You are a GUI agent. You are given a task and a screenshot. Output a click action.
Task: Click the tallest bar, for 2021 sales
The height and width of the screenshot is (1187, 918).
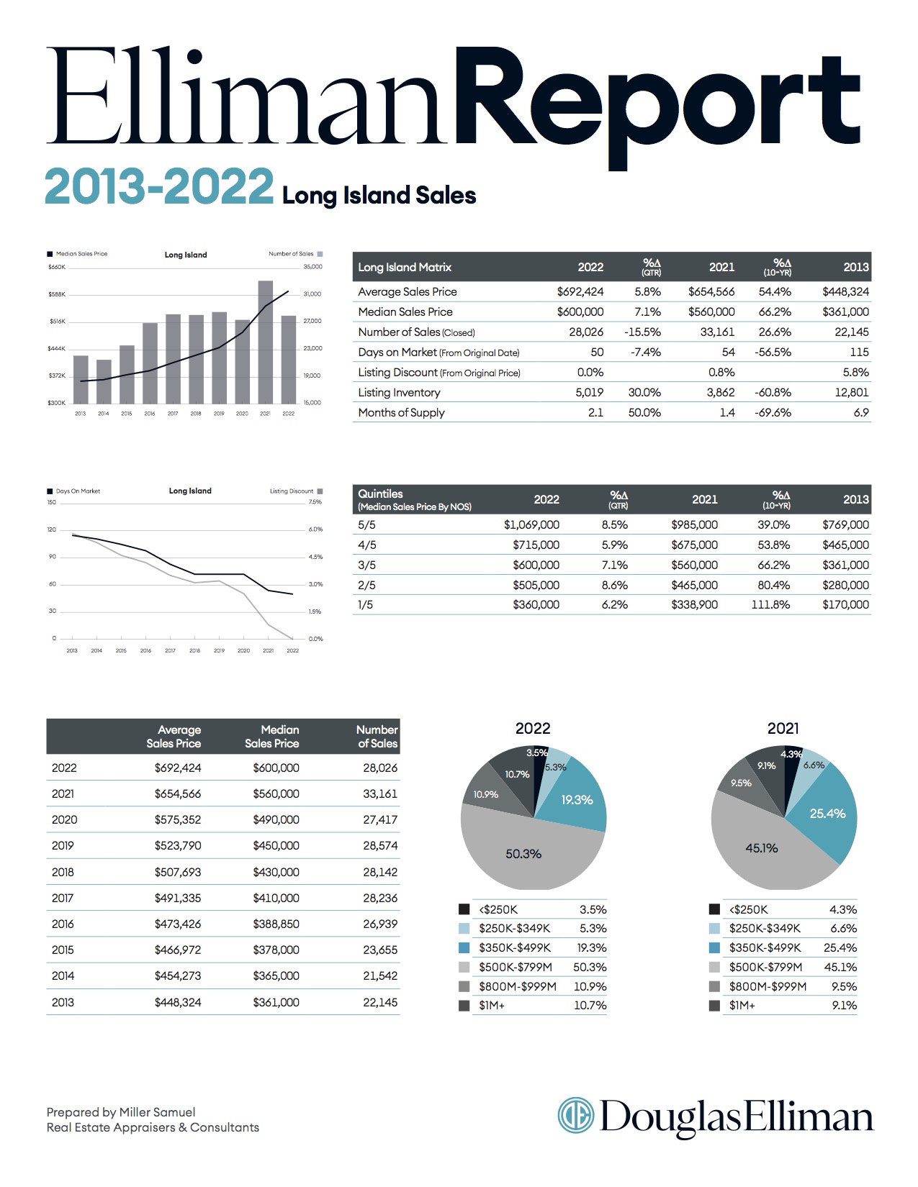[265, 342]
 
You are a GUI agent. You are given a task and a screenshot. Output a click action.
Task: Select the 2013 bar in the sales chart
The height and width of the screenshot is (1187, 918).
[81, 380]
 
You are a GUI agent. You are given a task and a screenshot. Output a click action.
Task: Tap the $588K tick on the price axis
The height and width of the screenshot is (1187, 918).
[57, 294]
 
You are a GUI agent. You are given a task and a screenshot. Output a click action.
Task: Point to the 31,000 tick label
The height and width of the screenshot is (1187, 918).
[312, 294]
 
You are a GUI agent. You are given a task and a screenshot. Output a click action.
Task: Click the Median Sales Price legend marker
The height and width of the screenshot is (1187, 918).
[50, 254]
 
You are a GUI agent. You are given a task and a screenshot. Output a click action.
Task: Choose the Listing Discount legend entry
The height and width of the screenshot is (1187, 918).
[296, 491]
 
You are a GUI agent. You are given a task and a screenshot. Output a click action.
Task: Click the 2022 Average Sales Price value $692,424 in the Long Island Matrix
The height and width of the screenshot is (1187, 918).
[580, 291]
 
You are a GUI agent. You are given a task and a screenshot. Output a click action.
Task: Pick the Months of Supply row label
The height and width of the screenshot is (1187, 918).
[401, 413]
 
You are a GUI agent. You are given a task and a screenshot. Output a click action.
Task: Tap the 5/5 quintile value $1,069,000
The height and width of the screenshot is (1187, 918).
[531, 525]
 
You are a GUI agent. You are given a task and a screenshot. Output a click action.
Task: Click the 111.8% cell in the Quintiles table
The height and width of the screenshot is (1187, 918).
[770, 605]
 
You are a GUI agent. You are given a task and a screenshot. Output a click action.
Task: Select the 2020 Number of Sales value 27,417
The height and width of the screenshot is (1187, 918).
[380, 819]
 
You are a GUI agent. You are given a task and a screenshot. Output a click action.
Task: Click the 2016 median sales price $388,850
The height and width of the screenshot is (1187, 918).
[276, 924]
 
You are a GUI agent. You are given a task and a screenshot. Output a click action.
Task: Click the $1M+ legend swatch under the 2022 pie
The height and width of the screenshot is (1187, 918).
[464, 1006]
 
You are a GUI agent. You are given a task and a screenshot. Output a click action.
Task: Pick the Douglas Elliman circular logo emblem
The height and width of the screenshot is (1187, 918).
[576, 1115]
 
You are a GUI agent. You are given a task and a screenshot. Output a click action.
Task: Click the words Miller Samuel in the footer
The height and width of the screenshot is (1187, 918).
[157, 1112]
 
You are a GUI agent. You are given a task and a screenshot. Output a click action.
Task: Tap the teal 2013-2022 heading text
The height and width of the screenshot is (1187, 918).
[158, 186]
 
